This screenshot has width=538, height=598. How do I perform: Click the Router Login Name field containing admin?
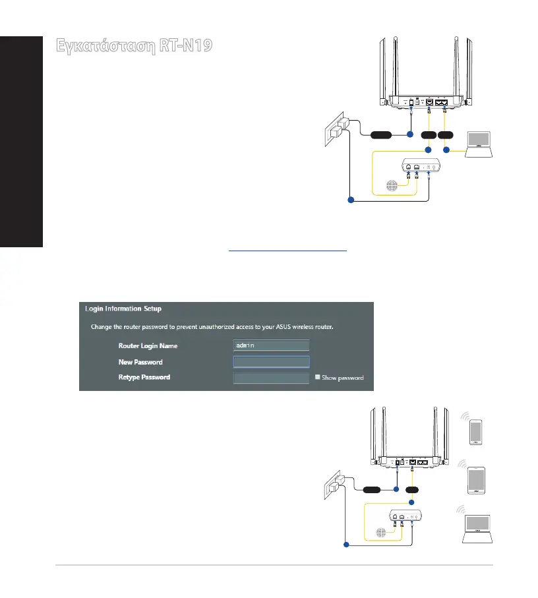271,345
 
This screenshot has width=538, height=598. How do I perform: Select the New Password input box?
271,362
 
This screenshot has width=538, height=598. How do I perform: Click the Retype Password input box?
271,378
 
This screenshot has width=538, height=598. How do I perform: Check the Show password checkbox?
317,378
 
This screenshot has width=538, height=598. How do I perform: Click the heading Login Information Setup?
123,308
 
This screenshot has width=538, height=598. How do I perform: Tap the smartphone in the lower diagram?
477,433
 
